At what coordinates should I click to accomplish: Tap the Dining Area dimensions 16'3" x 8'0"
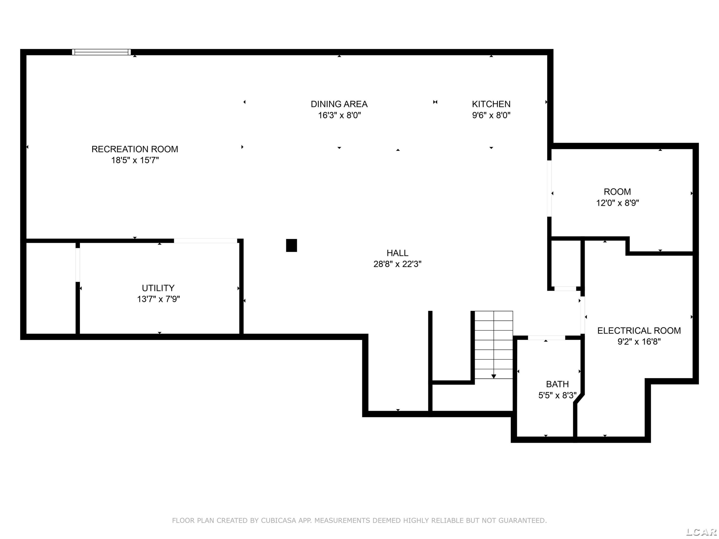click(339, 115)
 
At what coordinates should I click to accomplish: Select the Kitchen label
click(491, 104)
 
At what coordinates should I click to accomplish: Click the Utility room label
click(158, 288)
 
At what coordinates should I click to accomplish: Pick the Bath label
click(557, 384)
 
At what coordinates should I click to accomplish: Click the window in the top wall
click(101, 52)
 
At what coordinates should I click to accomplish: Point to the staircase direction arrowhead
click(494, 377)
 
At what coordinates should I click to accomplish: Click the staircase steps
click(494, 345)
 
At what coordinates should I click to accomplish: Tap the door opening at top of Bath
click(546, 338)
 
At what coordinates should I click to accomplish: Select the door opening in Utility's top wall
click(205, 241)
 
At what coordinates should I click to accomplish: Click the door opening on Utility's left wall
click(78, 265)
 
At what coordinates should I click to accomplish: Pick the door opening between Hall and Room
click(549, 189)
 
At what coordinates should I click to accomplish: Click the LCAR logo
click(702, 532)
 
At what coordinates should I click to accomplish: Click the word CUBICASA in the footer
click(278, 521)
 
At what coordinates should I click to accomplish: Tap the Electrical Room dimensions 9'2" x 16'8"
click(639, 341)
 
